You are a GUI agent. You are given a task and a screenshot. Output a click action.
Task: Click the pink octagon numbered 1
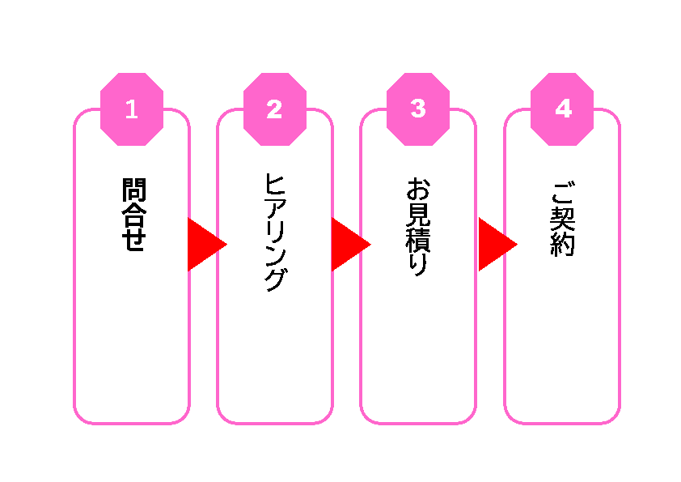131,109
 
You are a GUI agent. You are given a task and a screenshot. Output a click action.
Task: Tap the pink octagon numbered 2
275,109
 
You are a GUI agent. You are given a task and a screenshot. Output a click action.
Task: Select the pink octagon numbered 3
418,109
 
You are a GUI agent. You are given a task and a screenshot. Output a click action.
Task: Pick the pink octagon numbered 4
562,109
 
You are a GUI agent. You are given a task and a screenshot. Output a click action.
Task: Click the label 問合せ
132,215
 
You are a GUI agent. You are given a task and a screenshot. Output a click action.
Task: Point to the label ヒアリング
275,232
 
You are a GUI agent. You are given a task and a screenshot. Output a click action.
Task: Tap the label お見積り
418,228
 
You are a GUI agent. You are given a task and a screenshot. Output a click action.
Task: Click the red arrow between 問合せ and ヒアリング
205,244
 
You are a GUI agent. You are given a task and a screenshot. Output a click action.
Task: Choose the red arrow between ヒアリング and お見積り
349,244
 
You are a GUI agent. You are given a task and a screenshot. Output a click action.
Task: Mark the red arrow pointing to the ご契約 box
495,244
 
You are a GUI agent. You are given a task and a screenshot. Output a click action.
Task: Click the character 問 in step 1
132,190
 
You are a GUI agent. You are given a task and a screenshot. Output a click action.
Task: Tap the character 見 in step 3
418,216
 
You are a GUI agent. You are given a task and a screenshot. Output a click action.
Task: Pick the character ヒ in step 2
275,184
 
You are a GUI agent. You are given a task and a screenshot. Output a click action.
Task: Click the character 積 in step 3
418,241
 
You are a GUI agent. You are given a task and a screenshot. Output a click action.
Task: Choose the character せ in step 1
132,240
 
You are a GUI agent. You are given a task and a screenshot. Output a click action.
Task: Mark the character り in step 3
418,264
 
